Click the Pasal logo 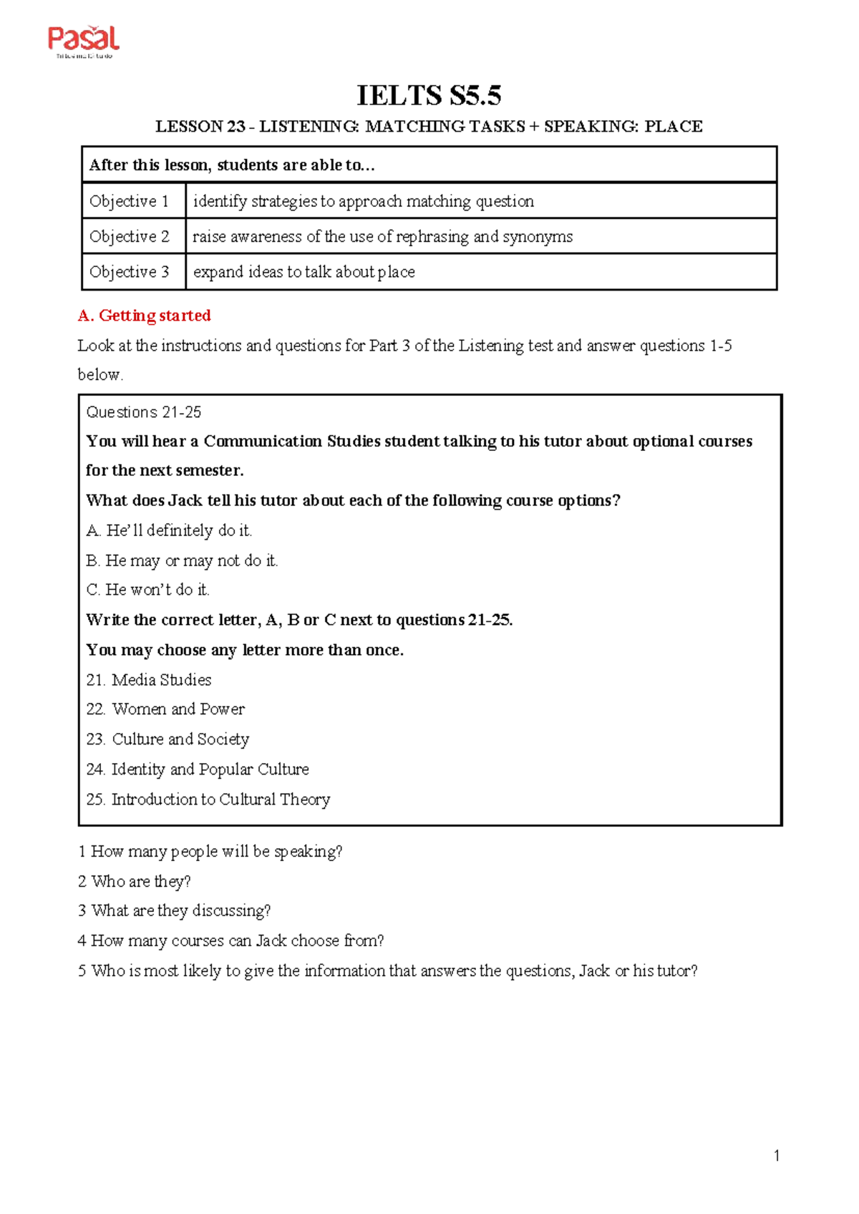point(83,42)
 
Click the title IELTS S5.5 point(429,95)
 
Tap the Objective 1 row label point(130,201)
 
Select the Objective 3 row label point(130,272)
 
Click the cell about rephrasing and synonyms point(382,237)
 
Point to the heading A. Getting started point(144,316)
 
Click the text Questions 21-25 point(143,412)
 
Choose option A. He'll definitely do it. point(169,530)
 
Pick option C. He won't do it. point(147,590)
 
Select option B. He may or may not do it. point(182,560)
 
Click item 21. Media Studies point(149,680)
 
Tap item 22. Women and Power point(165,709)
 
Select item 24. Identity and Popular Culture point(198,769)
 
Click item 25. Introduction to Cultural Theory point(208,800)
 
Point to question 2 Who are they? point(135,881)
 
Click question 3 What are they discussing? point(175,911)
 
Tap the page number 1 point(777,1155)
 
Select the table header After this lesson point(232,165)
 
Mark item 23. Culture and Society point(168,739)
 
